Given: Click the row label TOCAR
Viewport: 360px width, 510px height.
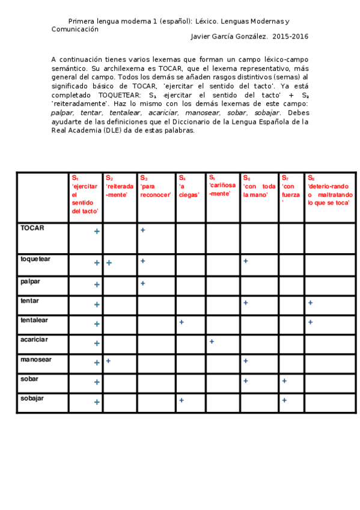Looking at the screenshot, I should pyautogui.click(x=32, y=228).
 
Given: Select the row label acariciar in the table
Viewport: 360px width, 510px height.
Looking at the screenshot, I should pyautogui.click(x=34, y=339).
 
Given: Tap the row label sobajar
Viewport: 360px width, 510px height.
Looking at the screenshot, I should pyautogui.click(x=32, y=398).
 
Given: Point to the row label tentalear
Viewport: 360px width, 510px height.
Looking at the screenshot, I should pyautogui.click(x=34, y=320).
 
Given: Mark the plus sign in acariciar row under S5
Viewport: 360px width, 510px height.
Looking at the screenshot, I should pyautogui.click(x=212, y=342).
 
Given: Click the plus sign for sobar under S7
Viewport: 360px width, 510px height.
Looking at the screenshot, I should pyautogui.click(x=284, y=381).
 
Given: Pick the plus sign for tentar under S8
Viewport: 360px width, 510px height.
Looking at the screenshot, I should pyautogui.click(x=310, y=303).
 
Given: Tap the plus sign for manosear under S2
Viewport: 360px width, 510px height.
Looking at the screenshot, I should pyautogui.click(x=109, y=361).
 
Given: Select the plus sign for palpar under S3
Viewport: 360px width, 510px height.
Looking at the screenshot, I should pyautogui.click(x=143, y=283).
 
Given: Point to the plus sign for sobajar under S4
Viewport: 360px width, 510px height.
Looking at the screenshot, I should pyautogui.click(x=181, y=400).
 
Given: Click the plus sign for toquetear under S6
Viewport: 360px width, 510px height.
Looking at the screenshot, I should pyautogui.click(x=246, y=261).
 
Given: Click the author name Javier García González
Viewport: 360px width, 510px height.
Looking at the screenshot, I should pyautogui.click(x=229, y=37).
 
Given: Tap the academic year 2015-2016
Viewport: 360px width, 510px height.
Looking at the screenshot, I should pyautogui.click(x=290, y=37).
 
